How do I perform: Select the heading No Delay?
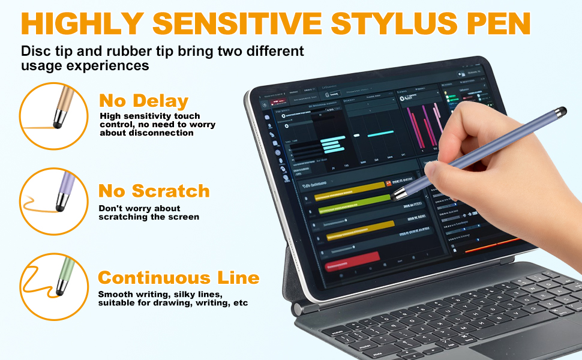144,100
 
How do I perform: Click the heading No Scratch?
154,191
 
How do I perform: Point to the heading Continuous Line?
179,278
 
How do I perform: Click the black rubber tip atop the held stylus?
561,112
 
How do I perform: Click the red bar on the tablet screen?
352,259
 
